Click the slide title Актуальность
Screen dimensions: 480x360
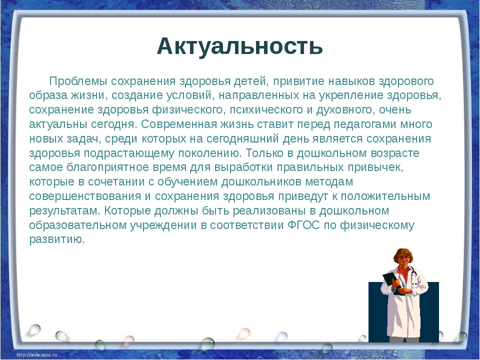click(239, 46)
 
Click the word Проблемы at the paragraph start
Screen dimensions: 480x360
click(78, 81)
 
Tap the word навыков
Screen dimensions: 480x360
click(351, 81)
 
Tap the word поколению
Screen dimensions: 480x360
click(210, 153)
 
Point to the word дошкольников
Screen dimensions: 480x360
click(261, 182)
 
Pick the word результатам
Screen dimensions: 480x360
click(64, 211)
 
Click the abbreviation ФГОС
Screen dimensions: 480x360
click(303, 225)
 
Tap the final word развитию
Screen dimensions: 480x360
click(56, 239)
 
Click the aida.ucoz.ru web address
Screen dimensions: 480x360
click(37, 355)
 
